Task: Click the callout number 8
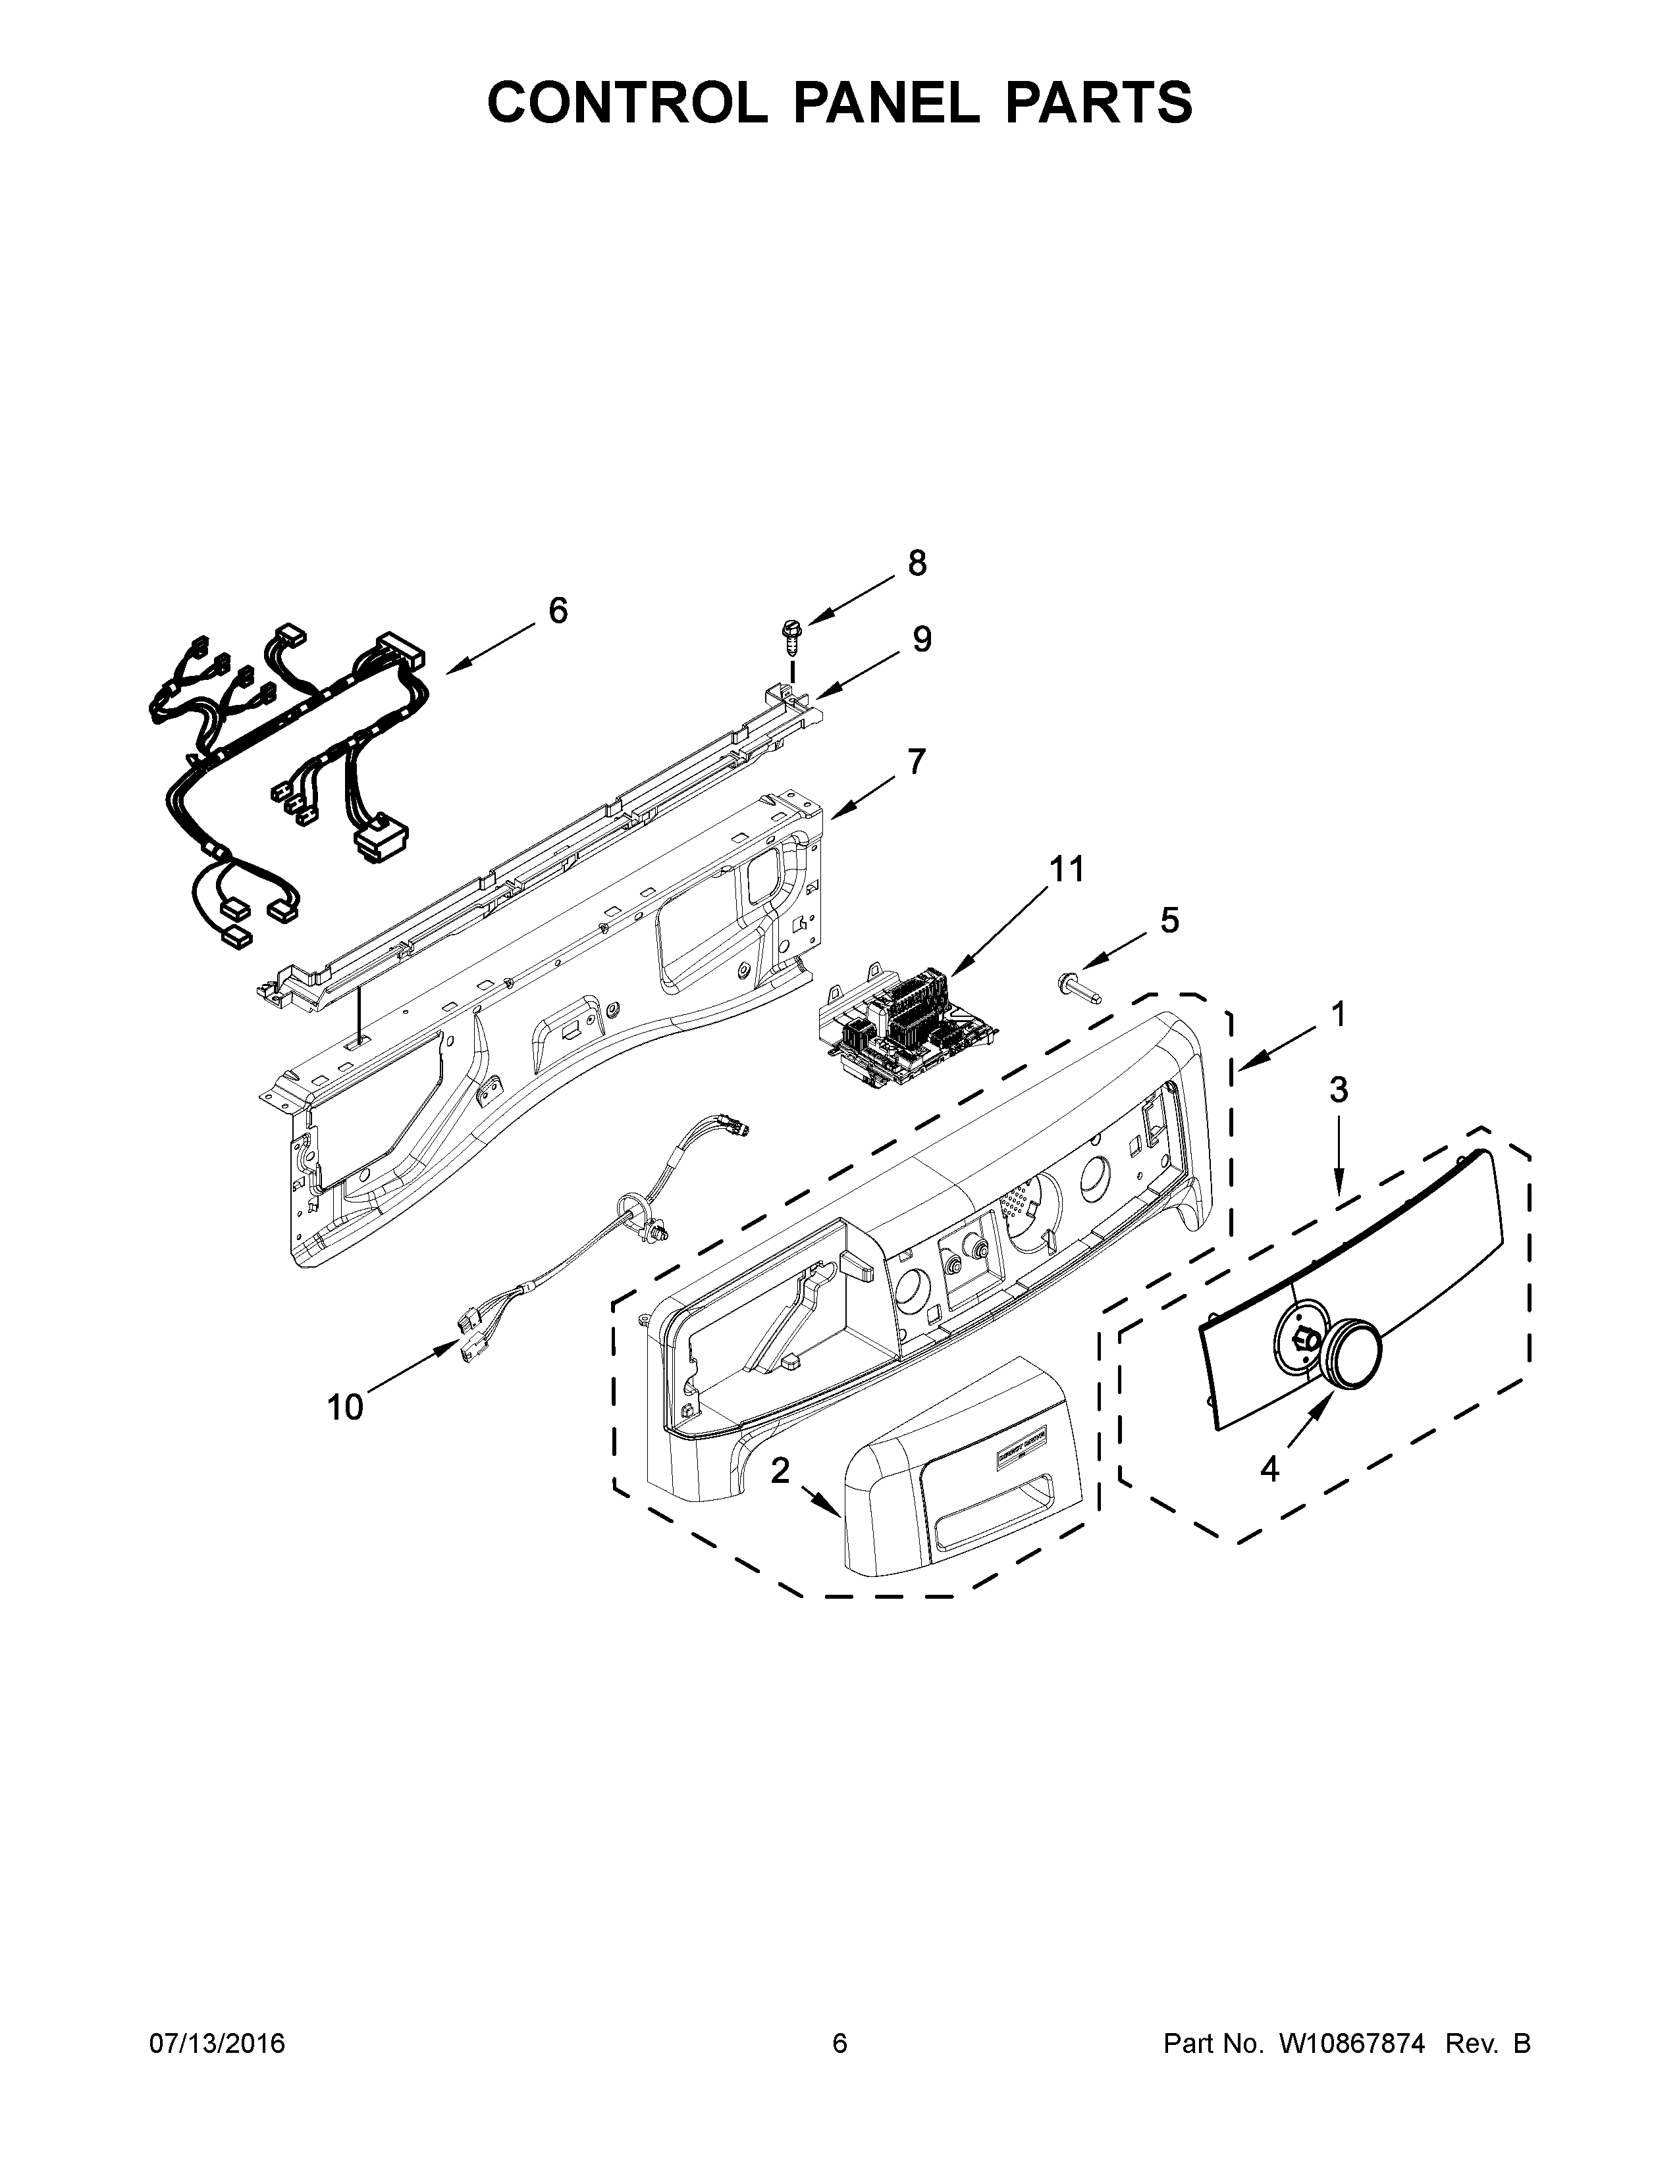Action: coord(916,564)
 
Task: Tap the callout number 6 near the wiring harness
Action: coord(558,611)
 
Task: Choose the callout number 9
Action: coord(922,640)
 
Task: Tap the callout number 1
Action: coord(1339,1014)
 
